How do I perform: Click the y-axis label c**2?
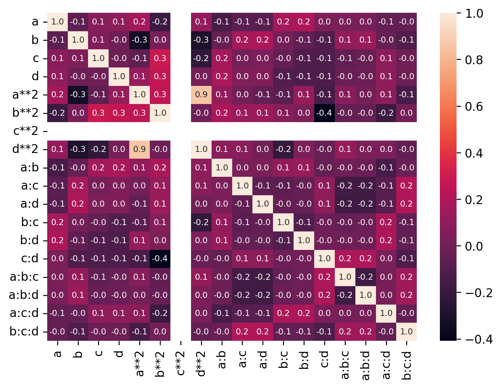pos(26,131)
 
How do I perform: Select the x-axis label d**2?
pos(201,363)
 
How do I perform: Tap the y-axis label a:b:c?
pos(24,277)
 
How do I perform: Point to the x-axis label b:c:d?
pos(406,365)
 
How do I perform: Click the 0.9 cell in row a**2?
pos(201,94)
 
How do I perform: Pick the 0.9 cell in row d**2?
pos(140,149)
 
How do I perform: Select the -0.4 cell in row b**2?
pos(324,113)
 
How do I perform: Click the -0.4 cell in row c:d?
pos(160,258)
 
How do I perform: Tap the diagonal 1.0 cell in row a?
pos(58,22)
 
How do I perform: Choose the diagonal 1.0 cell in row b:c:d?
pos(406,332)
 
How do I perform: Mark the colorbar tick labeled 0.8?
pos(474,60)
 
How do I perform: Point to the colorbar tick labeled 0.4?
pos(474,153)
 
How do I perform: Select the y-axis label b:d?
pos(29,240)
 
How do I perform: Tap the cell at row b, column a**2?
pos(140,40)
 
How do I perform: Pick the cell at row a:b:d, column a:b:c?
pos(345,295)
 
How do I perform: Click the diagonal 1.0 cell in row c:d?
pos(324,258)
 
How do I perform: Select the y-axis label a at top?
pos(35,22)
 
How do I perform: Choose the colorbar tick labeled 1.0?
pos(474,13)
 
